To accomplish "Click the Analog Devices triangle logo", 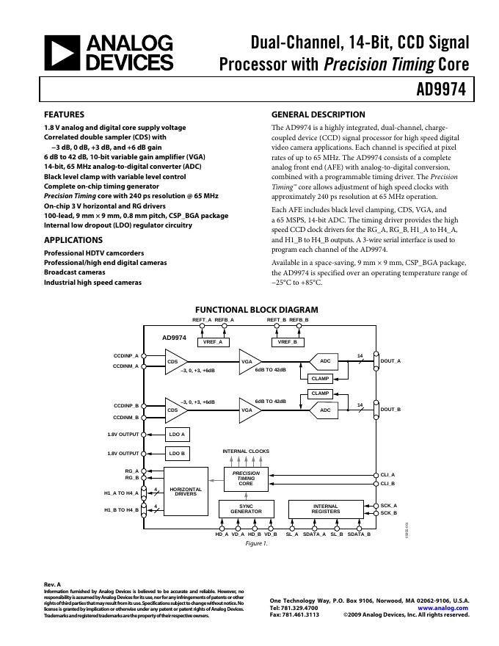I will click(62, 54).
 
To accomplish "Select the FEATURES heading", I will click(64, 115).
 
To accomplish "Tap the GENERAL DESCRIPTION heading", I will click(318, 115).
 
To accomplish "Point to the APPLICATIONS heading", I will click(73, 240).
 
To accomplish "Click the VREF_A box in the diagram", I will click(212, 342).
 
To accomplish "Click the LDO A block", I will click(177, 435).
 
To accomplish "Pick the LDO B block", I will click(177, 453).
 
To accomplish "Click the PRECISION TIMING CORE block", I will click(246, 478).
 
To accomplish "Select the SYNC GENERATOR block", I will click(246, 509).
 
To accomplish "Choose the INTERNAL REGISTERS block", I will click(326, 509).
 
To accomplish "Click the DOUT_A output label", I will click(391, 361).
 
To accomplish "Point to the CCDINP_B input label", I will click(125, 405).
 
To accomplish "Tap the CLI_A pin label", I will click(387, 475).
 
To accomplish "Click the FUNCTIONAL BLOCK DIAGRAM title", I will click(256, 310).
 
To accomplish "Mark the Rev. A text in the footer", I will click(53, 584).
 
